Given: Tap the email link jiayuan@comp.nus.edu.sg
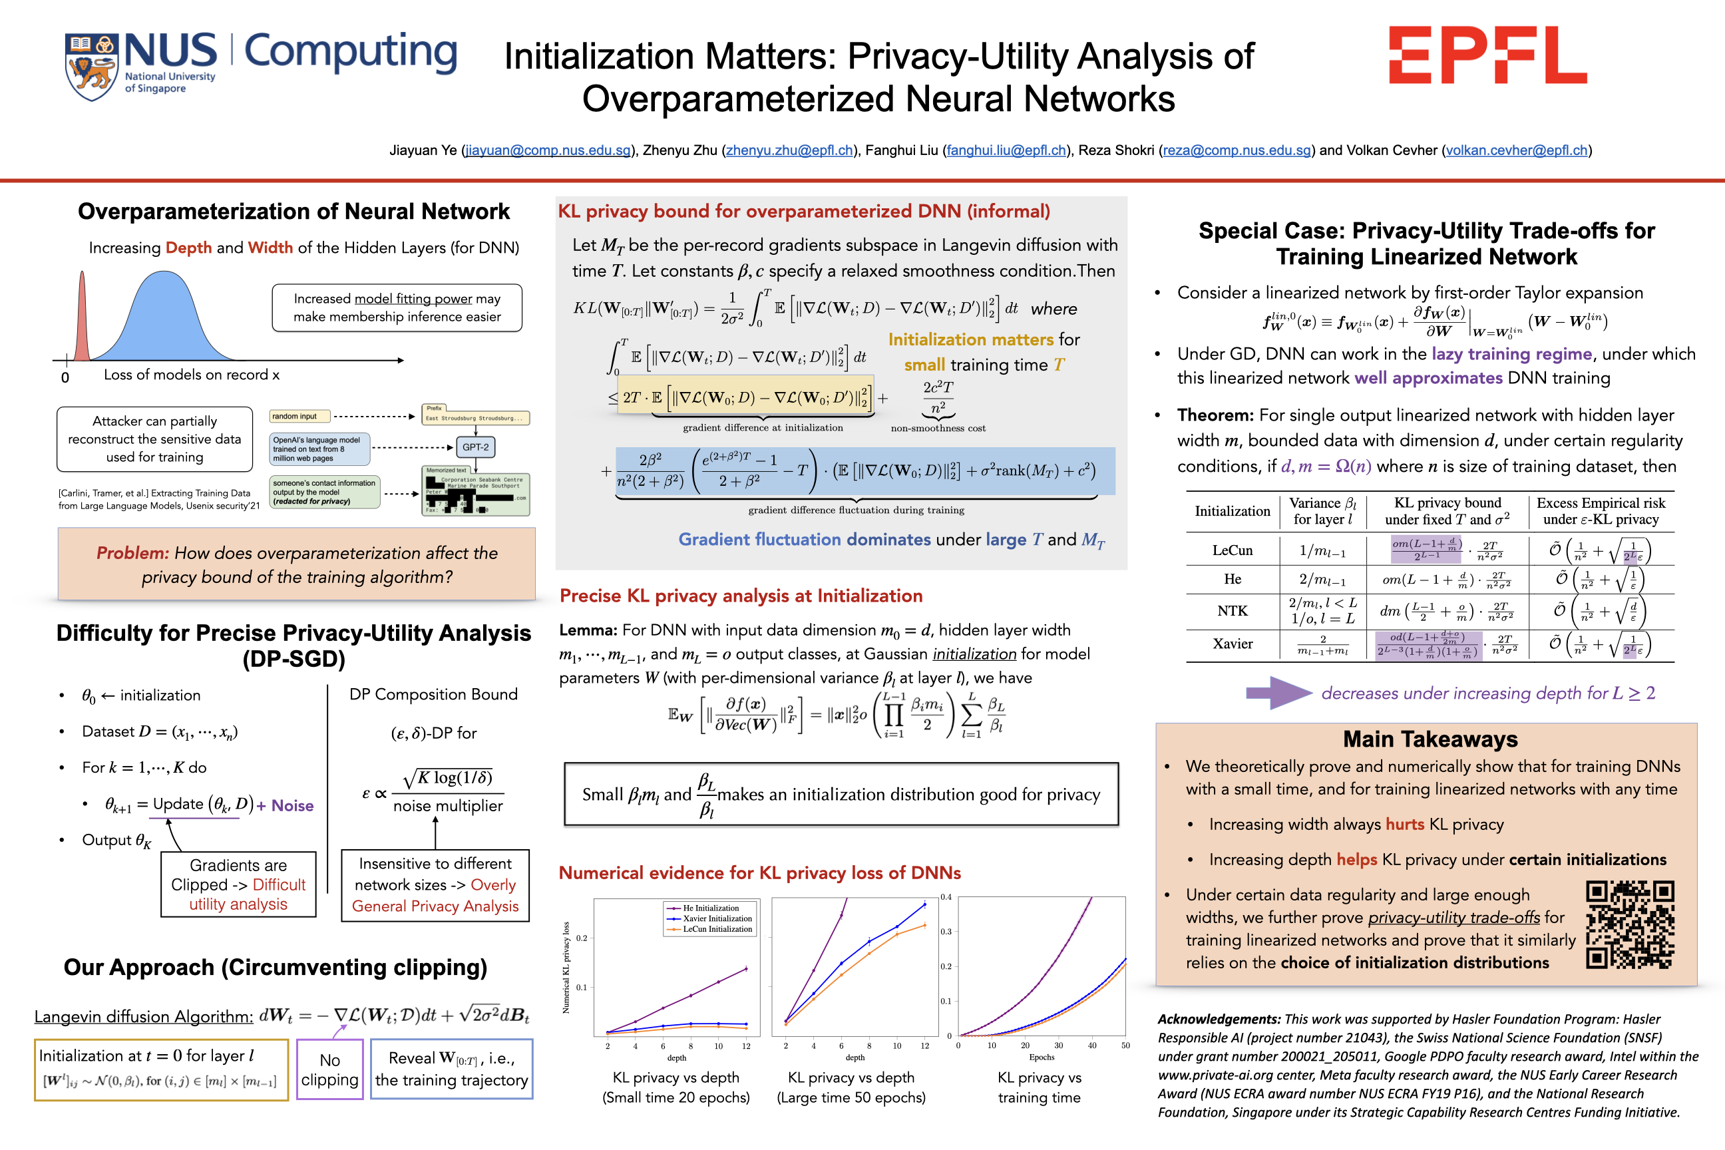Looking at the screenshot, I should (x=548, y=150).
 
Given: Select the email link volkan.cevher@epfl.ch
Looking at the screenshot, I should (x=1516, y=150).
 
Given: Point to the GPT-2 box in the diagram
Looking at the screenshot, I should (x=475, y=447).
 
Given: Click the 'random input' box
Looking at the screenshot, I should (x=299, y=417).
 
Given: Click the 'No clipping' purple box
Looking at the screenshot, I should (x=329, y=1069).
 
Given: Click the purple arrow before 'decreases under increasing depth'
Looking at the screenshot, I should (x=1278, y=693).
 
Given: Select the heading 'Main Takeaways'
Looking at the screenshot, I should (x=1430, y=739).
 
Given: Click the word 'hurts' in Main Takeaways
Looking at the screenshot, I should (x=1404, y=825).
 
